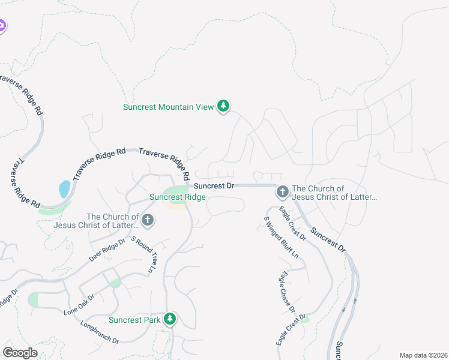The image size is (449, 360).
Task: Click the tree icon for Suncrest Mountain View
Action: tap(223, 106)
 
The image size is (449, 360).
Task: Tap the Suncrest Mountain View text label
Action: tap(168, 107)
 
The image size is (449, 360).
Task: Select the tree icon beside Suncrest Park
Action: tap(170, 319)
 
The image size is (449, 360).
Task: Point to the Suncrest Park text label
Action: tap(134, 320)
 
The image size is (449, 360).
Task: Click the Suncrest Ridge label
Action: tap(178, 197)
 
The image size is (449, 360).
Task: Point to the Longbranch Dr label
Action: tap(100, 332)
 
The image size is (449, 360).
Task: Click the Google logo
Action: tap(20, 353)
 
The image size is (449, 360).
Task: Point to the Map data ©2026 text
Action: tap(423, 355)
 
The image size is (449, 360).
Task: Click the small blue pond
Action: tap(64, 190)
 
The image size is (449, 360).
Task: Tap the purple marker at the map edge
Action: tap(2, 26)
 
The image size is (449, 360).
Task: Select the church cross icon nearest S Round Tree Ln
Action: tap(148, 221)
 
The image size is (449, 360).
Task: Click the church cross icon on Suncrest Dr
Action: tap(282, 192)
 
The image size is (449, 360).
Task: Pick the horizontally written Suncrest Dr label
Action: tap(214, 186)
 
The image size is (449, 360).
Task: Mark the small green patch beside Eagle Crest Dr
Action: tap(306, 320)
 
